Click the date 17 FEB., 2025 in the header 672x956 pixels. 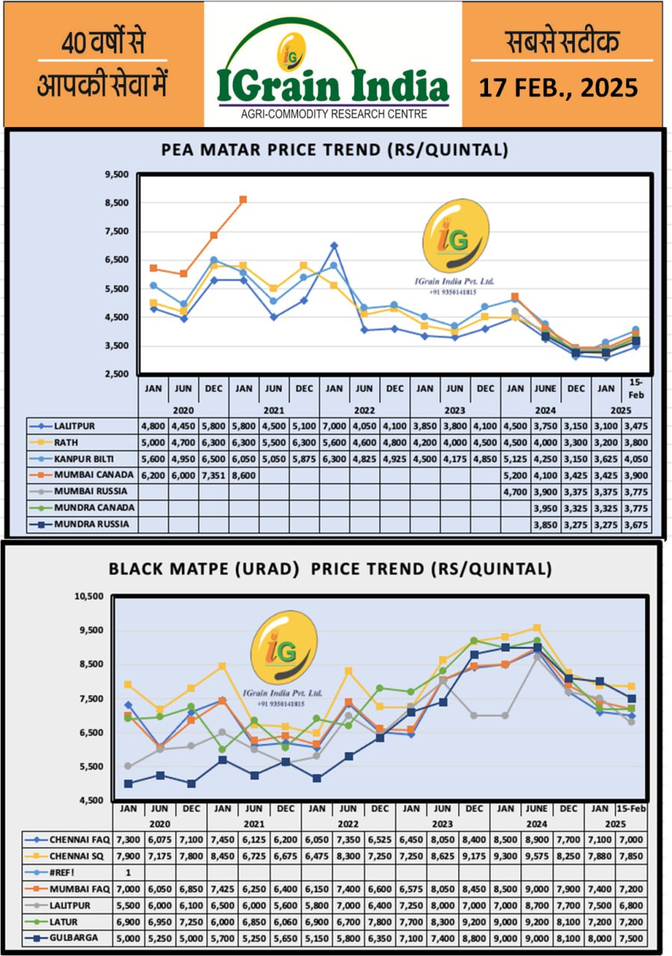(558, 88)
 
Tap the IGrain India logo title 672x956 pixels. (333, 87)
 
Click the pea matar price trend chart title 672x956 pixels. (335, 149)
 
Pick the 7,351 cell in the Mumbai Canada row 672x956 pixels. (213, 475)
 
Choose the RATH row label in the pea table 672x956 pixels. (69, 442)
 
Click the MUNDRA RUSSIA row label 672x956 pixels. (91, 524)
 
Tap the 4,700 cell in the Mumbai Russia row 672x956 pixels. (516, 491)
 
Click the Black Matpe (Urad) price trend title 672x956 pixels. (330, 568)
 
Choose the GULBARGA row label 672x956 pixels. (76, 938)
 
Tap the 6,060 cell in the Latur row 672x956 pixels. (286, 922)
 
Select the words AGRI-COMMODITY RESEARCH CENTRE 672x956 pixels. (333, 114)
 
